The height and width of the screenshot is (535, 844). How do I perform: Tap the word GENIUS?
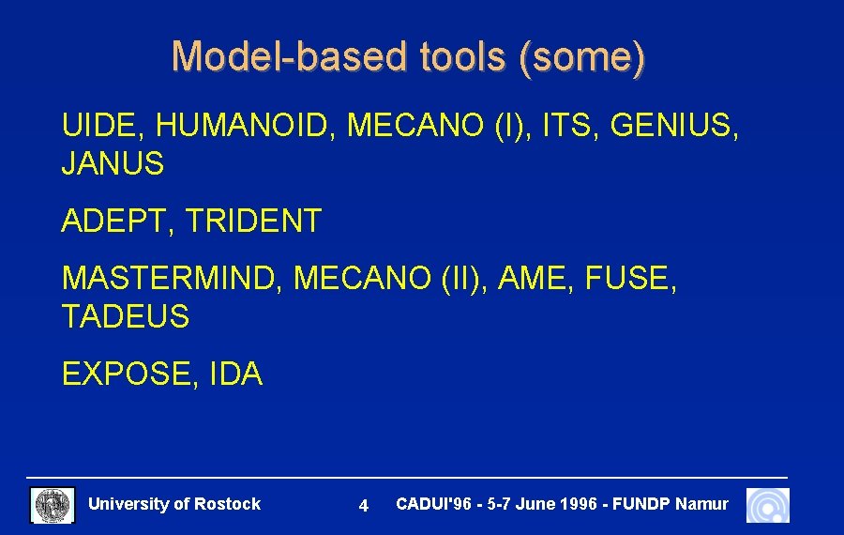tap(673, 125)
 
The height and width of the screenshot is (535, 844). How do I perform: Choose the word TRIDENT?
tap(253, 222)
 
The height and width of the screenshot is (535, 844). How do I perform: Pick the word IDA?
tap(235, 374)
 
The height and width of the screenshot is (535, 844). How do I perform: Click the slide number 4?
tap(364, 506)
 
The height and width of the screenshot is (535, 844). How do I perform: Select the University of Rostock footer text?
tap(174, 504)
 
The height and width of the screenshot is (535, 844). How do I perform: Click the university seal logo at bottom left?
tap(53, 505)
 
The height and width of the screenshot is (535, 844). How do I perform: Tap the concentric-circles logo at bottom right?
tap(768, 505)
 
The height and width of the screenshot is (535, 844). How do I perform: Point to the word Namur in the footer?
tap(701, 504)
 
